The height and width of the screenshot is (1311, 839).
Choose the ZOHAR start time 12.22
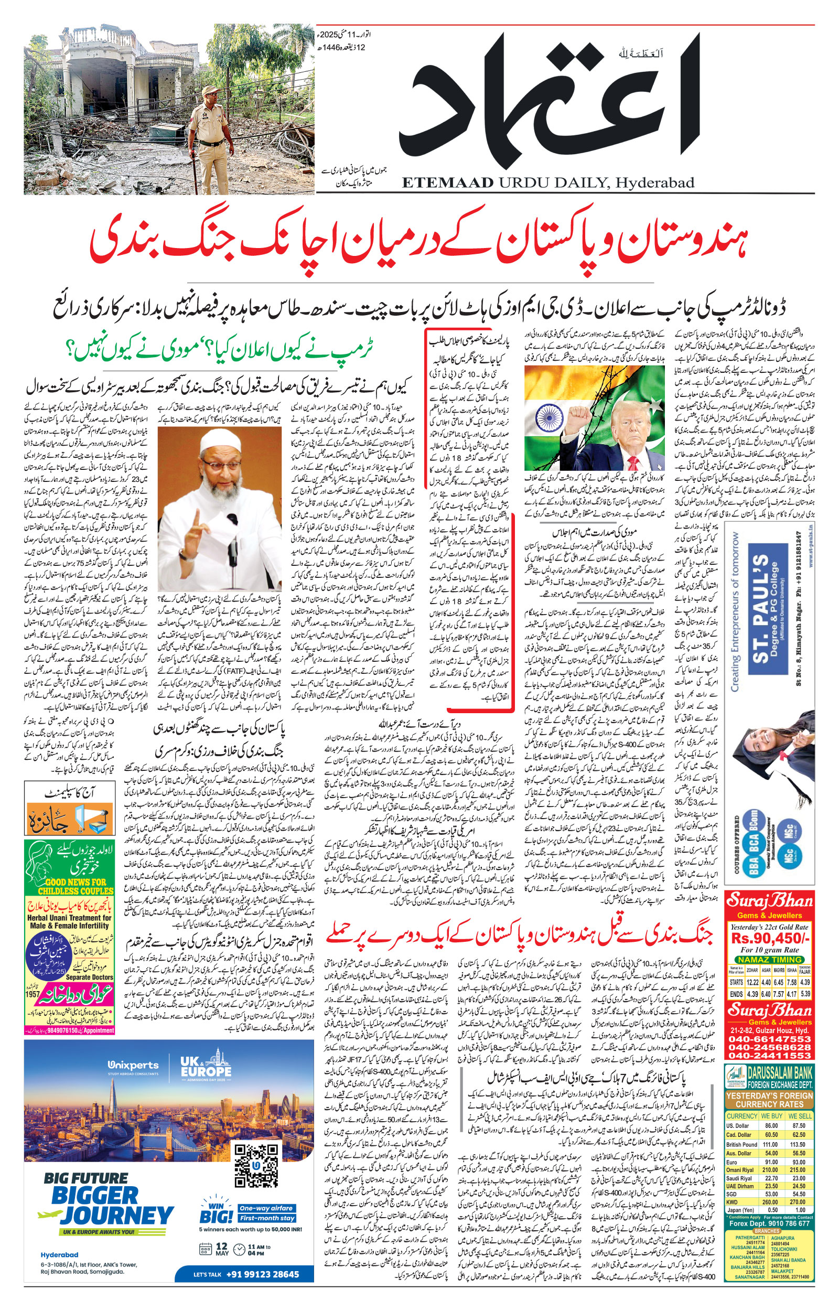(752, 982)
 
